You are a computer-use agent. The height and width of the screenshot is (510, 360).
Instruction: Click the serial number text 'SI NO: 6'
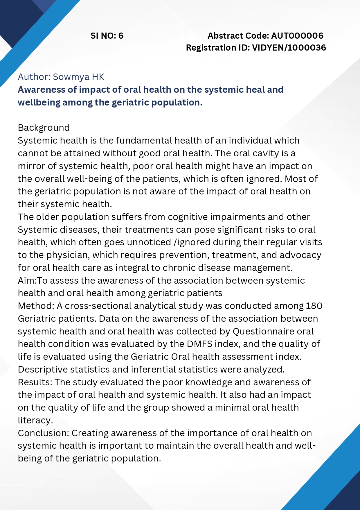[x=107, y=36]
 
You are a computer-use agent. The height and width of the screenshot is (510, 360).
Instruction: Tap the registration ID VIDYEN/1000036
[x=289, y=48]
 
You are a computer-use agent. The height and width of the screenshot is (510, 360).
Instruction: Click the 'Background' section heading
[x=44, y=128]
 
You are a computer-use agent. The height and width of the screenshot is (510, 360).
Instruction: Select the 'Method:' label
[x=36, y=306]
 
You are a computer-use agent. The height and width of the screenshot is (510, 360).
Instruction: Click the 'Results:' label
[x=35, y=382]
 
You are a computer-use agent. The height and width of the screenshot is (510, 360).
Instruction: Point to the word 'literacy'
[x=35, y=420]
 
